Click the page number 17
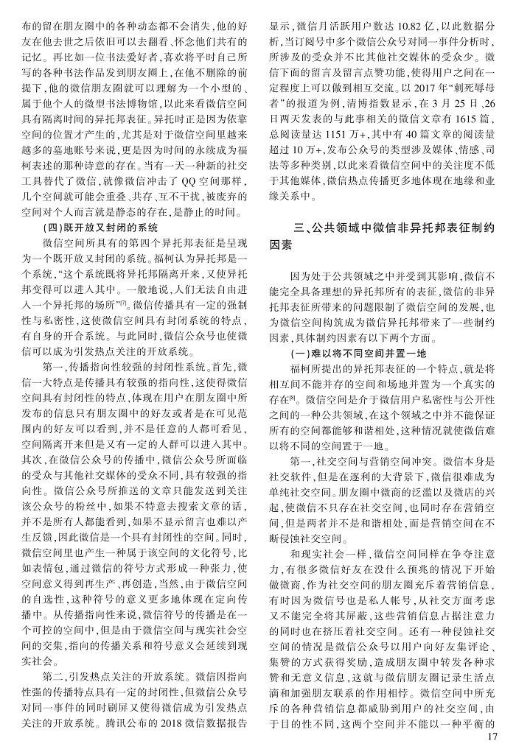(495, 739)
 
